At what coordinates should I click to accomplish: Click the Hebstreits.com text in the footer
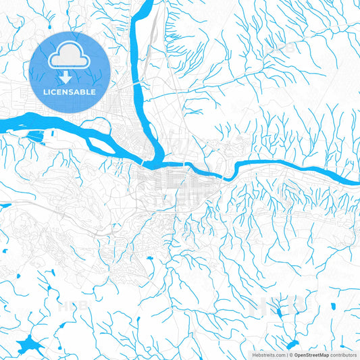pyautogui.click(x=269, y=354)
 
